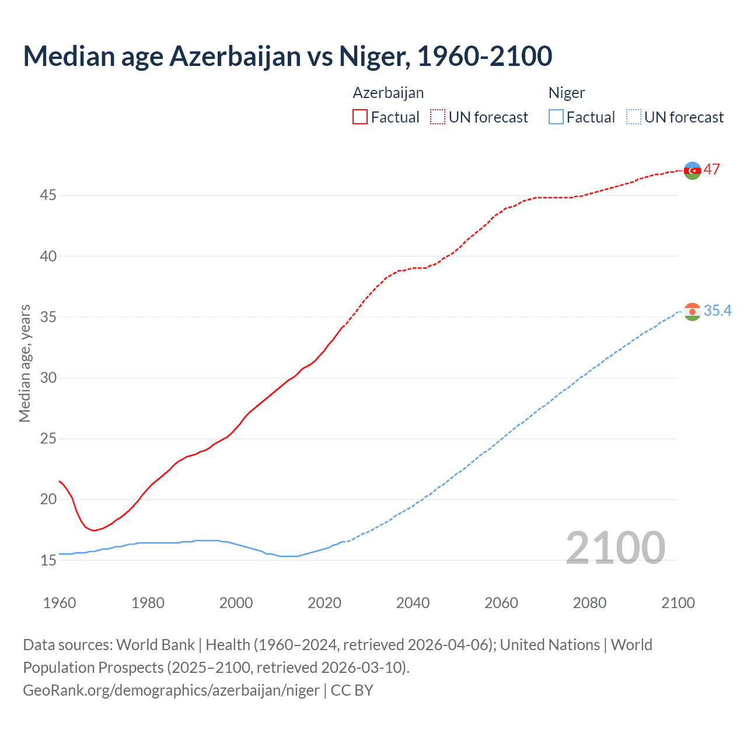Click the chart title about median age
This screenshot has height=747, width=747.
(288, 56)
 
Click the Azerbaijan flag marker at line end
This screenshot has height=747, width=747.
(692, 170)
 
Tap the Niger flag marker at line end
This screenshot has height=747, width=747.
(692, 312)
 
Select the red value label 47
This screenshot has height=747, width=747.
(711, 170)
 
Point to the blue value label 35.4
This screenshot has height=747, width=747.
(717, 311)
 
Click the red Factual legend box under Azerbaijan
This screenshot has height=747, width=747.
(360, 117)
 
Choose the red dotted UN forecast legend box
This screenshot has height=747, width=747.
(438, 117)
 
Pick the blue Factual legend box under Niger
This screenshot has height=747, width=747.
(556, 117)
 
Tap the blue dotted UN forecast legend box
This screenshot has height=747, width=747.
(633, 117)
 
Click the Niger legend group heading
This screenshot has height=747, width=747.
(566, 93)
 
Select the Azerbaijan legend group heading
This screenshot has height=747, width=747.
(388, 93)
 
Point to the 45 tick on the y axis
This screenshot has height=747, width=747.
(48, 196)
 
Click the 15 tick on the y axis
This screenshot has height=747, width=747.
(48, 560)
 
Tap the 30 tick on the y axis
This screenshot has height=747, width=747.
(48, 378)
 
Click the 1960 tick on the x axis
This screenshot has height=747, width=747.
(60, 603)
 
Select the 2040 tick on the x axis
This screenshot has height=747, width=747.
(413, 603)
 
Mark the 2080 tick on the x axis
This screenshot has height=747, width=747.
(589, 603)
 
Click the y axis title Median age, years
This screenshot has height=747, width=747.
(25, 363)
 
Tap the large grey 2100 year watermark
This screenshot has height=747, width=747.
(615, 547)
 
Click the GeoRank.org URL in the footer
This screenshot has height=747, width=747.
(171, 690)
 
